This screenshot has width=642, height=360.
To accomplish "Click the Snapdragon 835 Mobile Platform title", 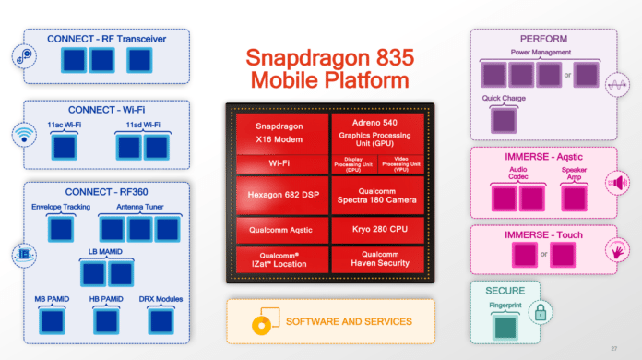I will (328, 68).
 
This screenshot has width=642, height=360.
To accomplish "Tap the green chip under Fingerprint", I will (505, 327).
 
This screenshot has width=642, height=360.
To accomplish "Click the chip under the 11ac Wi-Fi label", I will (63, 146).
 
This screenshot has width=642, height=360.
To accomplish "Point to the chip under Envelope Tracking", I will (60, 228).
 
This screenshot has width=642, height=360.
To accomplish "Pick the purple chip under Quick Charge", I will (503, 119).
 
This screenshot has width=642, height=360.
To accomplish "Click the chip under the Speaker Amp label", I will (573, 196).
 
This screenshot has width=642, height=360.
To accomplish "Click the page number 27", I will (627, 347).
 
